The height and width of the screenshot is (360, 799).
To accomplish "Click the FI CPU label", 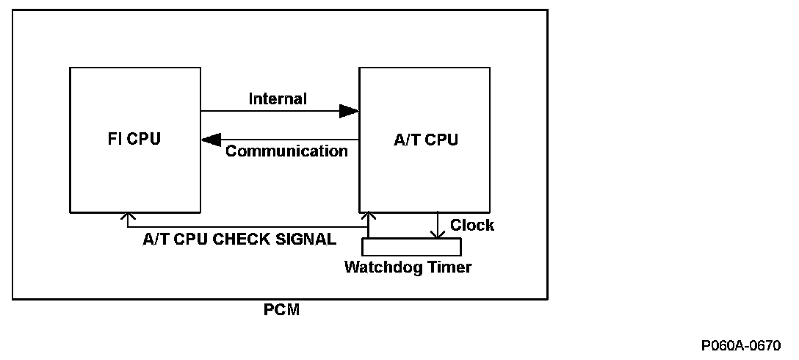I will point(134,140).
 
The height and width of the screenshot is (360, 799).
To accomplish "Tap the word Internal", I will point(278,98).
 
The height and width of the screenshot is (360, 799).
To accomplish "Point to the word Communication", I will point(286,152).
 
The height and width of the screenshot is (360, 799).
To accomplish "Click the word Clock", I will point(472,225).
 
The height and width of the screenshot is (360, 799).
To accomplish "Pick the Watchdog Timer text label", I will point(408,267).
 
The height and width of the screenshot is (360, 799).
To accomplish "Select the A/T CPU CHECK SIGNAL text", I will point(239,239).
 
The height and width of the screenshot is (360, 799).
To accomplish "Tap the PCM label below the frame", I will point(281,310).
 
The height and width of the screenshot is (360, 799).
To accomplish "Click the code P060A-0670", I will point(741,345).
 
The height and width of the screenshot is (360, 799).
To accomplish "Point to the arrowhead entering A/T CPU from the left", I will point(350,112).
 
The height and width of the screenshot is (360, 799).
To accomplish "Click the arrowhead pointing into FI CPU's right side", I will point(211,139).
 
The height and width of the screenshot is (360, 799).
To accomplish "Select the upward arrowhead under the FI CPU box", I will point(129,216).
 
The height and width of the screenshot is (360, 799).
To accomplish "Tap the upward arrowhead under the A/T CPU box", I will point(368,216).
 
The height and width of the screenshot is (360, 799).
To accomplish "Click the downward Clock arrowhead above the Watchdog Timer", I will point(438,234).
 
